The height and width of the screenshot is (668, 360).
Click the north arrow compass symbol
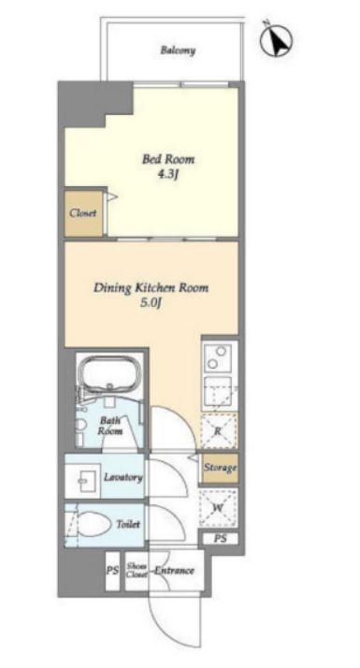[x=277, y=38]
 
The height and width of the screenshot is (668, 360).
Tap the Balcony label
[x=178, y=51]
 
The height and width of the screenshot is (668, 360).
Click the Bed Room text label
[x=168, y=160]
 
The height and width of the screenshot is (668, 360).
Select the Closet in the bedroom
[x=83, y=213]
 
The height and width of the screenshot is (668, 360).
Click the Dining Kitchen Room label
[x=151, y=287]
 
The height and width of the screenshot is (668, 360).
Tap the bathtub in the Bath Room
[x=110, y=373]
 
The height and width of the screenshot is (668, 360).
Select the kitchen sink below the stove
[x=218, y=392]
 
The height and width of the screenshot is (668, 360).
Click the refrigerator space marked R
[x=219, y=430]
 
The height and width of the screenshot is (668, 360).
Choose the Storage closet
[x=220, y=468]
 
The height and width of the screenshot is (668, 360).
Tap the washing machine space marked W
[x=218, y=508]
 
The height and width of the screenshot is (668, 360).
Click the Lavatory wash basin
[x=83, y=480]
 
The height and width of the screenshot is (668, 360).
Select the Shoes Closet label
[x=137, y=570]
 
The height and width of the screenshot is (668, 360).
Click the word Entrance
[x=174, y=571]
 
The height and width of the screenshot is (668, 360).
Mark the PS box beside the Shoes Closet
[x=112, y=571]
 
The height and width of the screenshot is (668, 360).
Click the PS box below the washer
[x=220, y=539]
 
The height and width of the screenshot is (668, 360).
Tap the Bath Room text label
[x=110, y=426]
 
